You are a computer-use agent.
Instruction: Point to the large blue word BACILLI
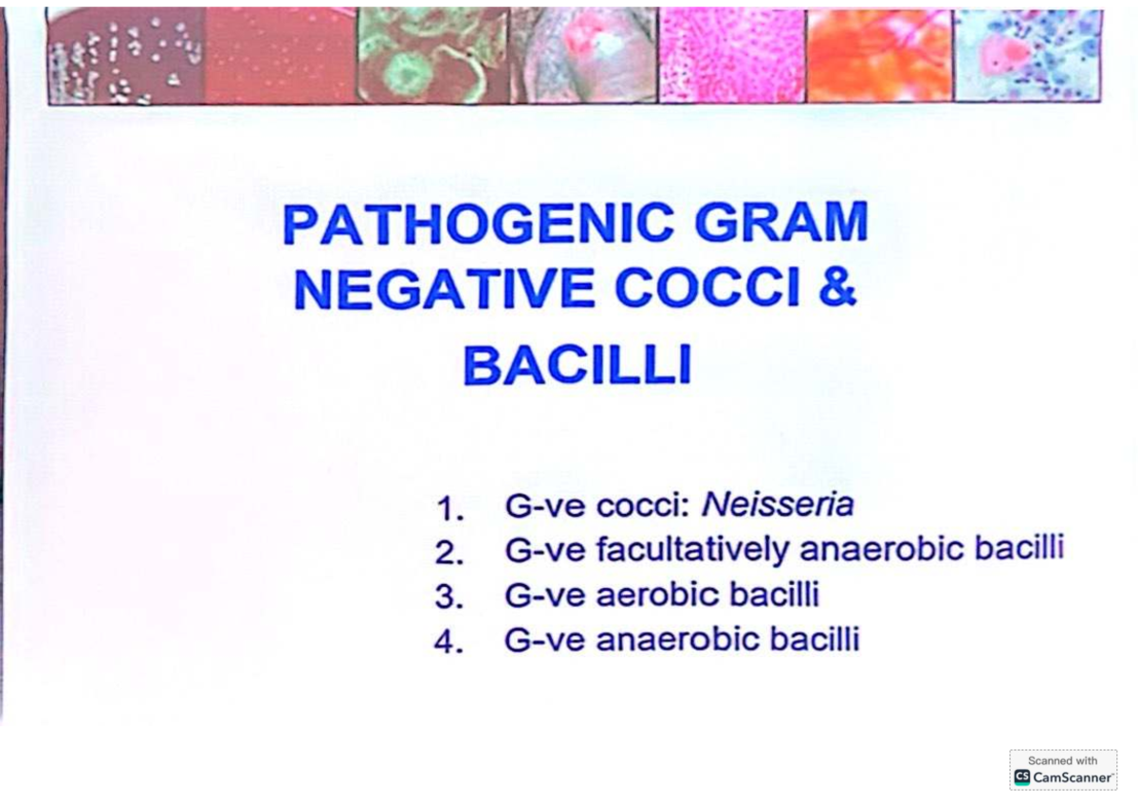click(576, 366)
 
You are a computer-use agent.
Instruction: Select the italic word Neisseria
click(777, 504)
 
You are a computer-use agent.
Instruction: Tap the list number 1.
click(450, 510)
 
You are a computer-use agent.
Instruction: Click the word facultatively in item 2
click(692, 550)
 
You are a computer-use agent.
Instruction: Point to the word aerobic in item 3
click(653, 594)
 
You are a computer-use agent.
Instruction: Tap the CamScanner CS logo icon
click(1021, 777)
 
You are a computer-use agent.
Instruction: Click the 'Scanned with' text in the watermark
click(1062, 760)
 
